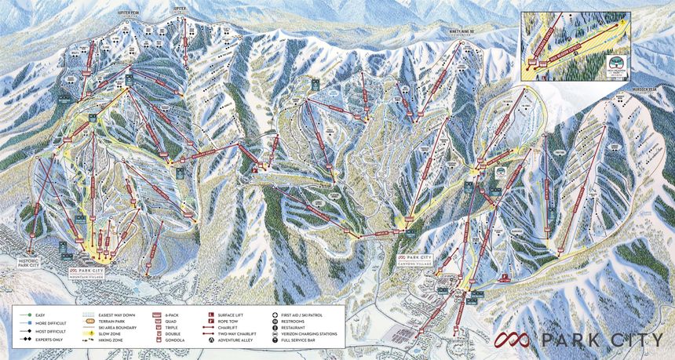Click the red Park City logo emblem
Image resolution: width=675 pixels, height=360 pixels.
pos(512,339)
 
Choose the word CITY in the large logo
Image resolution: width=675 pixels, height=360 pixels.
pos(634,339)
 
